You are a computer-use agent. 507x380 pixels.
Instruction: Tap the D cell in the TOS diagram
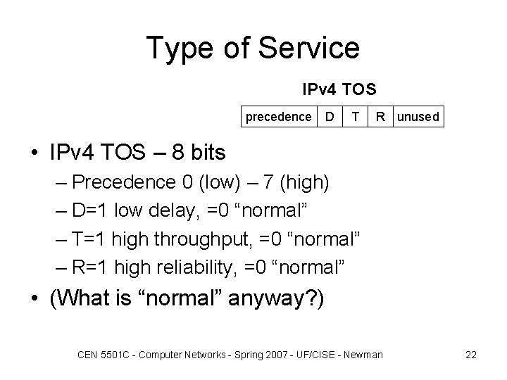pyautogui.click(x=329, y=116)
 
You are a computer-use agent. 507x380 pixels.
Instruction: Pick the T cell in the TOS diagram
pyautogui.click(x=357, y=116)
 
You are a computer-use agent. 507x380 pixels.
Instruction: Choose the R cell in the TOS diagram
pyautogui.click(x=380, y=116)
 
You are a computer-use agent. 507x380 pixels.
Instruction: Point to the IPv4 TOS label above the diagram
pyautogui.click(x=339, y=90)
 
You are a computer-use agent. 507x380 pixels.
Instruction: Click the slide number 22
pyautogui.click(x=471, y=355)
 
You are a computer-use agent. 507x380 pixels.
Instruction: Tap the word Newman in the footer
pyautogui.click(x=363, y=355)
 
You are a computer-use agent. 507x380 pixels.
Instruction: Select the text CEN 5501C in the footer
pyautogui.click(x=100, y=355)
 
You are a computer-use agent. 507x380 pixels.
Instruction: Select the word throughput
pyautogui.click(x=191, y=240)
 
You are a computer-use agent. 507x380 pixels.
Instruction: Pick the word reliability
pyautogui.click(x=203, y=268)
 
